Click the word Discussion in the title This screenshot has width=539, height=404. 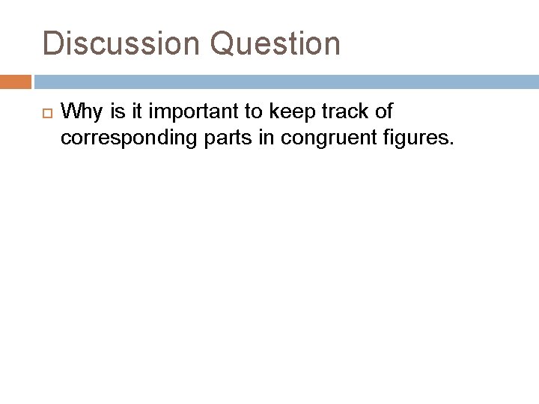tap(122, 44)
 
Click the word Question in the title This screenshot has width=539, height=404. tap(275, 44)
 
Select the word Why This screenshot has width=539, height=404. tap(78, 112)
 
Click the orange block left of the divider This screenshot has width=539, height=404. tap(15, 81)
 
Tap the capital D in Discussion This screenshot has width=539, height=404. tap(52, 44)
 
